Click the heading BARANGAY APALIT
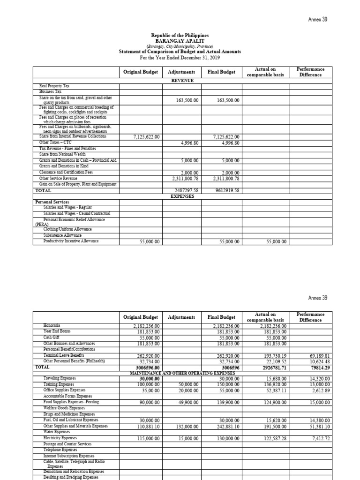(180, 41)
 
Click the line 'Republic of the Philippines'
(180, 36)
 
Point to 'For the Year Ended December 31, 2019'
(180, 57)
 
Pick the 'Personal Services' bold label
(52, 202)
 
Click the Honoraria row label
(52, 325)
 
